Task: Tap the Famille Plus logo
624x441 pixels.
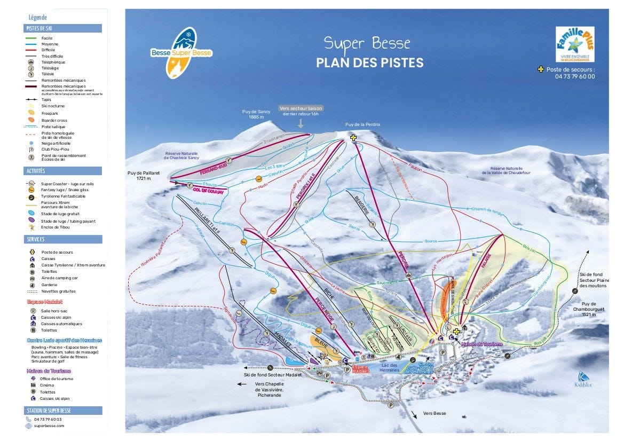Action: [x=575, y=45]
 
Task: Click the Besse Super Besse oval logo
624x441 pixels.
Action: [x=181, y=53]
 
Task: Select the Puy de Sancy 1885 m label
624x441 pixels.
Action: [x=256, y=114]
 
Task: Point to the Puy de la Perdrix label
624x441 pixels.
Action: [x=363, y=124]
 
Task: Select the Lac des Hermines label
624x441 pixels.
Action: [x=389, y=367]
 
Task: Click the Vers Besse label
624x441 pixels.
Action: [x=434, y=413]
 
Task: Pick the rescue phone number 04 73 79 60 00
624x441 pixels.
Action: [x=574, y=76]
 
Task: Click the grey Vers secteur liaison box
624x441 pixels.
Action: [x=301, y=111]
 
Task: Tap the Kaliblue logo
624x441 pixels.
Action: [x=583, y=380]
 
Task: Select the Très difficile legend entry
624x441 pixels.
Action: [x=52, y=56]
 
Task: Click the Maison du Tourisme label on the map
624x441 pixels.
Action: [x=482, y=344]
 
